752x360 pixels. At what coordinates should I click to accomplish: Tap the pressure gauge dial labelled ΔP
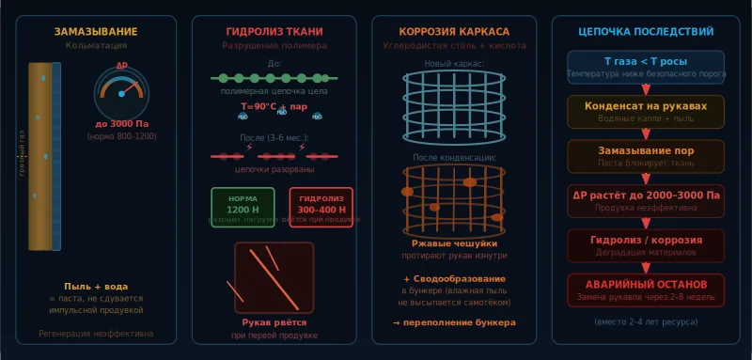pos(121,93)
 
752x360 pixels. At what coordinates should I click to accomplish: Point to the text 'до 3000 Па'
pos(121,124)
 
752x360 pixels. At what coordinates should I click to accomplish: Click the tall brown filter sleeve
pos(40,156)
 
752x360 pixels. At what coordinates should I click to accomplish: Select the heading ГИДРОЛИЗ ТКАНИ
pos(274,32)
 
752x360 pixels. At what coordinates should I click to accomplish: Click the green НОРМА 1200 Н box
pos(243,206)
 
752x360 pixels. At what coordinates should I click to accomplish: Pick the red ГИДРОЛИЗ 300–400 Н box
pos(321,206)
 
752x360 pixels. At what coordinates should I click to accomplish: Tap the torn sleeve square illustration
pos(274,278)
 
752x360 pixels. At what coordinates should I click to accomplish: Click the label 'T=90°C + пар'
pos(274,106)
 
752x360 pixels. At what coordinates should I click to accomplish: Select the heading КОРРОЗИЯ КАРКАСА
pos(455,32)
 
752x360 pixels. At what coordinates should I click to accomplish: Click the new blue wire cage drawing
pos(455,105)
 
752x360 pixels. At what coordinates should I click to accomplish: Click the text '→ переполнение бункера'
pos(455,322)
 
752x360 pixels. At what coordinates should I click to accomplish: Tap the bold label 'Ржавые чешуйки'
pos(455,243)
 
